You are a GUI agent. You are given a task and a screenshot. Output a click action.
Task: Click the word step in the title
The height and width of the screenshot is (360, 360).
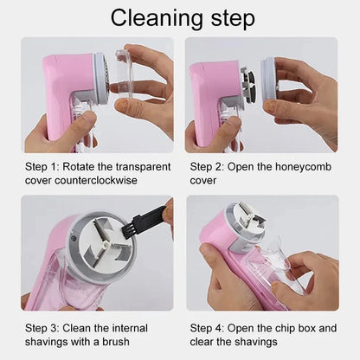[x=229, y=17]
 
